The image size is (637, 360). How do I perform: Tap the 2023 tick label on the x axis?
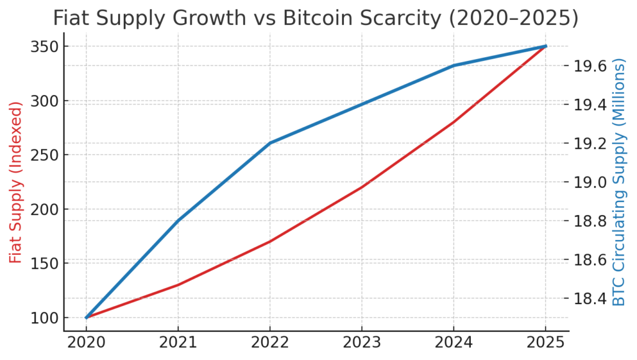(x=361, y=343)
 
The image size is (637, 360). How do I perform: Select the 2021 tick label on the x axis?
(x=178, y=343)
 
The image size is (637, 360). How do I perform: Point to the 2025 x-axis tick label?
(x=546, y=343)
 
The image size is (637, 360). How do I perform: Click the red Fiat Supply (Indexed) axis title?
(x=16, y=182)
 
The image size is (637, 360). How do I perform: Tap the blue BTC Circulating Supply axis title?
(x=619, y=182)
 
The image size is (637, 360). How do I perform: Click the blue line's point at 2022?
(x=270, y=143)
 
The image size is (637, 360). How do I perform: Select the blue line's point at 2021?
(x=178, y=221)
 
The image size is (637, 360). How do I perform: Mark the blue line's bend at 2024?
(x=453, y=66)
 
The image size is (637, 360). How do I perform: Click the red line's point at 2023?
(x=361, y=187)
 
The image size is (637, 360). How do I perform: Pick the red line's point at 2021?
(x=178, y=285)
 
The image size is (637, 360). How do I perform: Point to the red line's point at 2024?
(x=453, y=122)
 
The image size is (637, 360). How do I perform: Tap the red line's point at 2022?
(x=270, y=241)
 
